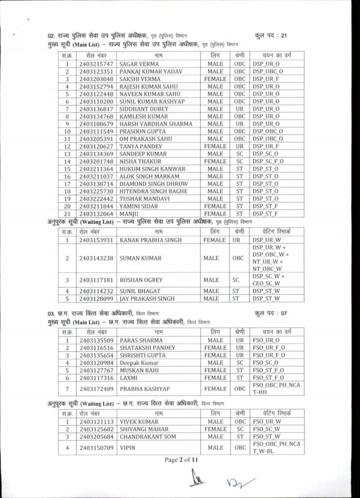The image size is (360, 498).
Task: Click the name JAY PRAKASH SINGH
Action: tap(147, 298)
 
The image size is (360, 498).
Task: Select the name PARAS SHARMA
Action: tap(139, 340)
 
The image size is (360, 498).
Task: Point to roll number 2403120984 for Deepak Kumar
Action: tap(96, 362)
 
